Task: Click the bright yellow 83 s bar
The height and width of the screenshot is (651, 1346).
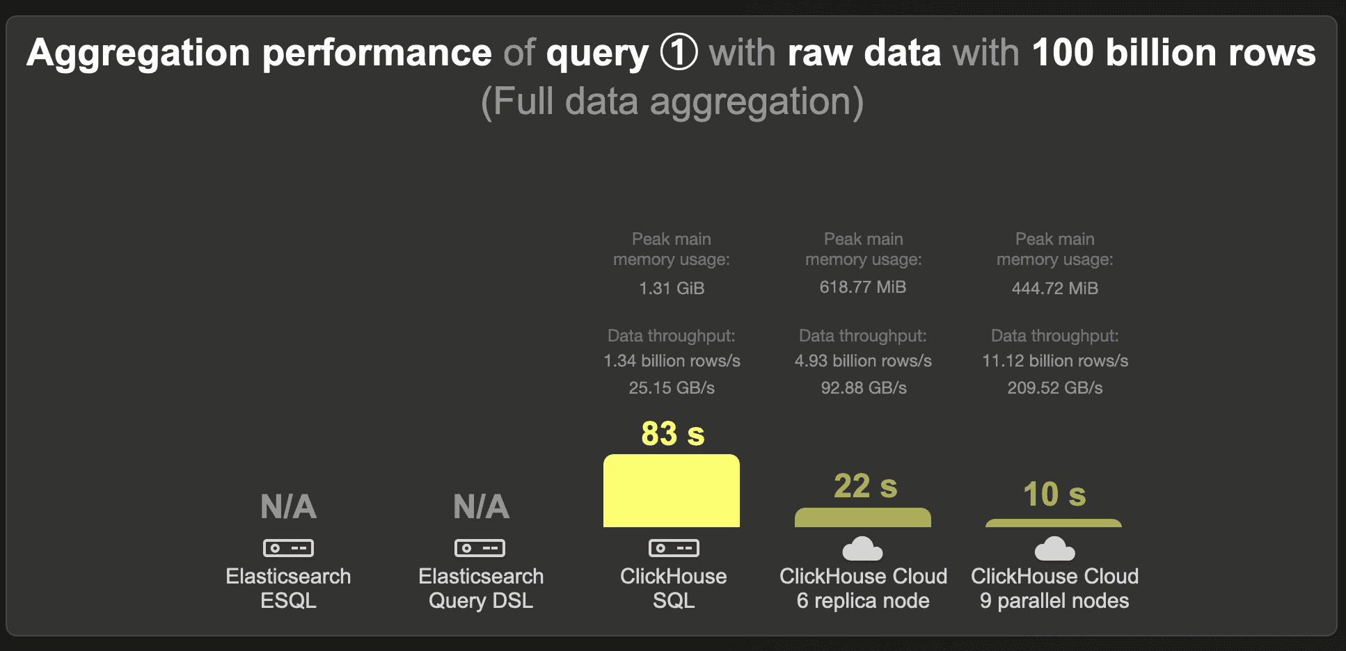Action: coord(672,490)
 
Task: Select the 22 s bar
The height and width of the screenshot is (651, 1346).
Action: coord(863,517)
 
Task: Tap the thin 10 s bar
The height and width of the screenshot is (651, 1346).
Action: coord(1054,523)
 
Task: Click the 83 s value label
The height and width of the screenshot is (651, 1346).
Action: coord(673,433)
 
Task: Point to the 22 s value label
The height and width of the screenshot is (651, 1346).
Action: coord(866,486)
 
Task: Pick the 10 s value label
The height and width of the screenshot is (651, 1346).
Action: coord(1054,495)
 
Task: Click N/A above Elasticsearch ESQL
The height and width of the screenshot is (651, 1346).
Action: coord(289,506)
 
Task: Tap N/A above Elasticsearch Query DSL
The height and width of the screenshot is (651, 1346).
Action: coord(482,506)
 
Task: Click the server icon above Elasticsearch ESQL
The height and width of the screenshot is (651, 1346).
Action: coord(288,548)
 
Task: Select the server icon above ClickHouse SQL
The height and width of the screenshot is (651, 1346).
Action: coord(674,548)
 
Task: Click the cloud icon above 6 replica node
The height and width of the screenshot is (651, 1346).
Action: coord(862,549)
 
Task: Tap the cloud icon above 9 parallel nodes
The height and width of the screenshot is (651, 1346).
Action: coord(1054,549)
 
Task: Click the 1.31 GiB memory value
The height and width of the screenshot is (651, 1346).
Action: coord(672,288)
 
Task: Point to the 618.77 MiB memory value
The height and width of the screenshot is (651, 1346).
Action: coord(863,287)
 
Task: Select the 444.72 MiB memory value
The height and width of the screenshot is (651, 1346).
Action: coord(1055,288)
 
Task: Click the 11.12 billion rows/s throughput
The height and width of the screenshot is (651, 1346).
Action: coord(1055,361)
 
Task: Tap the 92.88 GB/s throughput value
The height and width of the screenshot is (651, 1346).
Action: coord(864,387)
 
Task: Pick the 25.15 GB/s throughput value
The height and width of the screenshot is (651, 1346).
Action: coord(672,387)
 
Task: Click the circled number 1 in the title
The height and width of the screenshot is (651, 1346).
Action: coord(679,53)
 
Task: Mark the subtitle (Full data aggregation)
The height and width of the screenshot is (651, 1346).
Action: coord(672,102)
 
